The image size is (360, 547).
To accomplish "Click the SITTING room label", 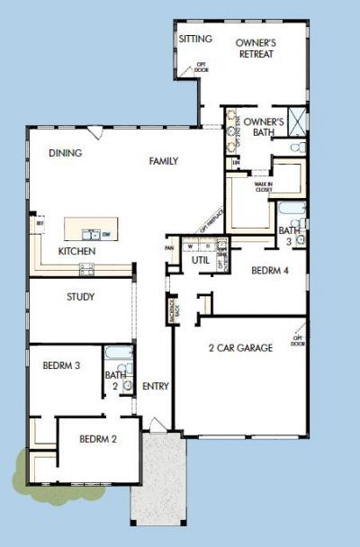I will [195, 39].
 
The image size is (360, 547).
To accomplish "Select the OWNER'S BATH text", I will [265, 127].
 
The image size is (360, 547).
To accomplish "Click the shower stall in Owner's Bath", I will [298, 119].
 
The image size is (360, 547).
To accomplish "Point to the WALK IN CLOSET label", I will [263, 187].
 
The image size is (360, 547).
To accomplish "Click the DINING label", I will [66, 153].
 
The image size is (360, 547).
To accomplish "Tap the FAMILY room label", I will [164, 161].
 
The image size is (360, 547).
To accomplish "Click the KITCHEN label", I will [76, 251].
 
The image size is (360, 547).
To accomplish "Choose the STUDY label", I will [81, 296].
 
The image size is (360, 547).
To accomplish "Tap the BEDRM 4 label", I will [269, 269].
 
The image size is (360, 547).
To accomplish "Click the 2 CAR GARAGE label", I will [240, 347].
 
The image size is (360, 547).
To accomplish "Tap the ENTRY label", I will [156, 386].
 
